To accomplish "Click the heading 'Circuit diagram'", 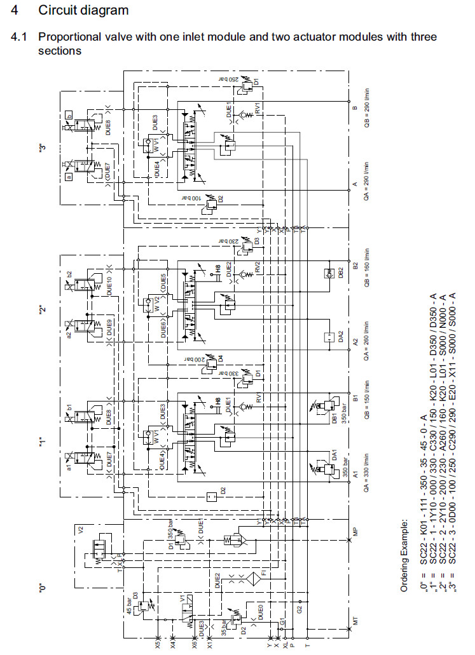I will tap(83, 10).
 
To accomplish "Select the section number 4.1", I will tap(18, 37).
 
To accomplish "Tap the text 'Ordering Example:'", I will tap(404, 556).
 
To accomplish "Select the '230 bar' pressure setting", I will tap(228, 241).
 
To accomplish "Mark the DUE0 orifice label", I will tap(261, 613).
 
